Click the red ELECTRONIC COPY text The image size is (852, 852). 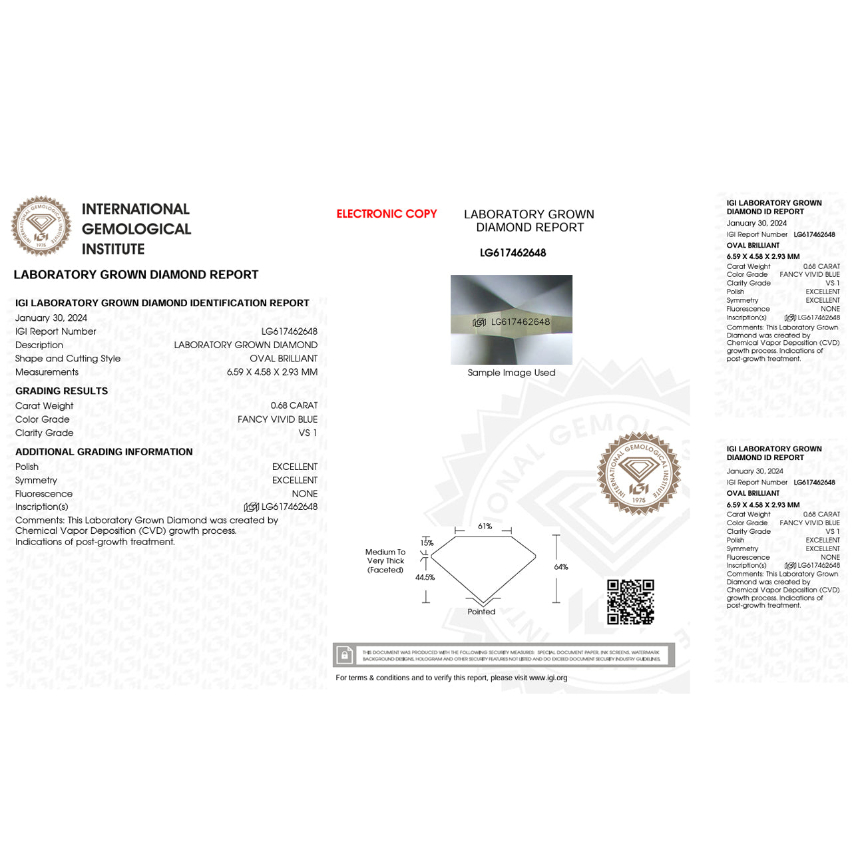(386, 214)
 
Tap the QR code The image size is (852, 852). (630, 602)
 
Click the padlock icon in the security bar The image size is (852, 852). (344, 655)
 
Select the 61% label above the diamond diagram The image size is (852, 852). (485, 527)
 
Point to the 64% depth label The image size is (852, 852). (561, 567)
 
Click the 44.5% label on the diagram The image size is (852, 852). (425, 577)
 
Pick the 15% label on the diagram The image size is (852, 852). (427, 543)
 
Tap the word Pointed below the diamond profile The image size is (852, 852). (481, 612)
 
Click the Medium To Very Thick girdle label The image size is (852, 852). (385, 560)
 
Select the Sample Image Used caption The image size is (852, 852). (511, 373)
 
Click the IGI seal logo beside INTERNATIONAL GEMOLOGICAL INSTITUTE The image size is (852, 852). (41, 226)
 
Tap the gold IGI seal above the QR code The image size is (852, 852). (639, 473)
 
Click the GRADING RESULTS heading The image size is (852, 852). (61, 391)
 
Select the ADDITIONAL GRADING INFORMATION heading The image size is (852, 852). (104, 452)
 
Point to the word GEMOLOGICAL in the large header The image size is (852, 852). (136, 229)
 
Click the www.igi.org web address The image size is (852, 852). (548, 678)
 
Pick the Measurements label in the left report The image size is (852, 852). (47, 372)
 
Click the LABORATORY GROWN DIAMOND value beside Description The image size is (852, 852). (246, 345)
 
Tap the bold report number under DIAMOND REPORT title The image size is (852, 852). (513, 253)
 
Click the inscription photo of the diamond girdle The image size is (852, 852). (511, 319)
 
